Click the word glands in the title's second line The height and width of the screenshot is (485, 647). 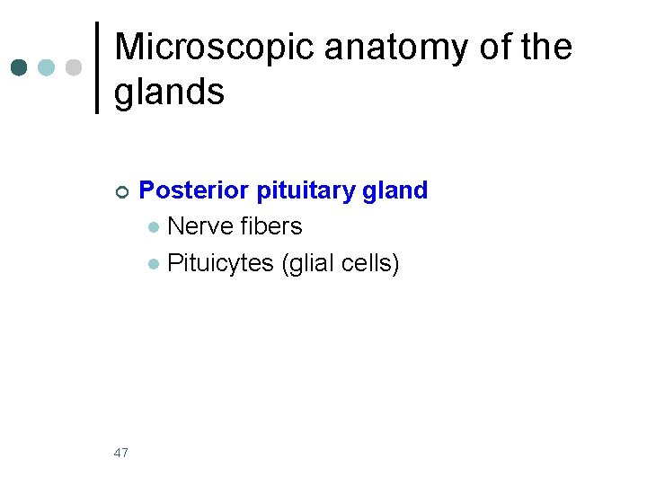[170, 92]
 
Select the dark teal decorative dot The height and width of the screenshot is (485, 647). [18, 67]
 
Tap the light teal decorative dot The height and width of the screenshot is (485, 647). [46, 67]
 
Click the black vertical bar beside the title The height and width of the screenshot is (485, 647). [97, 68]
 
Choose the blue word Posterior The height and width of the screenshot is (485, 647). [195, 190]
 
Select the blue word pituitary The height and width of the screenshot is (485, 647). [306, 191]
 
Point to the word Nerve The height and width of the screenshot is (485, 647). [197, 226]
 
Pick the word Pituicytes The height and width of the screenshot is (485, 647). [221, 264]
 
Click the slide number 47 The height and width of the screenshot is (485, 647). [121, 453]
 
